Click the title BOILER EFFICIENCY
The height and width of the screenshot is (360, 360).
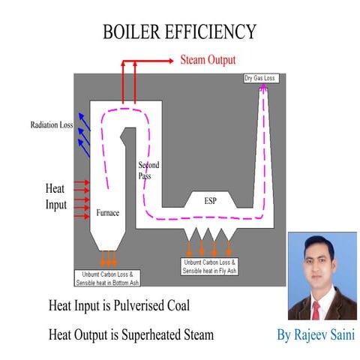pos(179,31)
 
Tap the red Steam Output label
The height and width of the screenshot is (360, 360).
pos(207,59)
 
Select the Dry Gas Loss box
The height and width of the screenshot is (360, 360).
pos(261,78)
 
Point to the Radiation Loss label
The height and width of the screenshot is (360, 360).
pos(51,125)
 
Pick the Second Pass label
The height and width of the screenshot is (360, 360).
pos(148,169)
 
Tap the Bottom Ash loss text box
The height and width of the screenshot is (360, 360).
pos(108,278)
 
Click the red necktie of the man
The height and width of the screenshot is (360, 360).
pos(315,310)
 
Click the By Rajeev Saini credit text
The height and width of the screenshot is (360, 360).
pos(316,334)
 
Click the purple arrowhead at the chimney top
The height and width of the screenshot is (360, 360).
pos(264,89)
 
